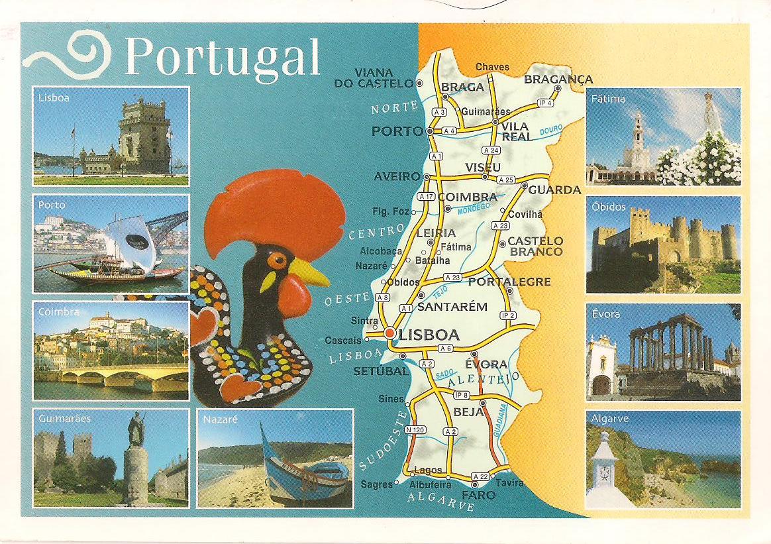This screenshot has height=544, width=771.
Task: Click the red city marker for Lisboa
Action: (x=390, y=333)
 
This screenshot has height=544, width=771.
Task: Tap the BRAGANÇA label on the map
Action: (x=558, y=80)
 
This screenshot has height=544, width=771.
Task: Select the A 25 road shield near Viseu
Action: (x=506, y=180)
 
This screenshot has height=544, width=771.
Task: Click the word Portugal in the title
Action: (x=222, y=56)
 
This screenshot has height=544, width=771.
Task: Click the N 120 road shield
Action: (x=415, y=430)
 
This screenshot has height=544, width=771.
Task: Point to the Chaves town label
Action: (x=492, y=67)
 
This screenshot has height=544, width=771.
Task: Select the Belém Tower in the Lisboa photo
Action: (x=144, y=135)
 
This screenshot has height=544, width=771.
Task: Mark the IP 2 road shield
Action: (x=509, y=315)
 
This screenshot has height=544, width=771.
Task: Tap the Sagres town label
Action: (x=377, y=484)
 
